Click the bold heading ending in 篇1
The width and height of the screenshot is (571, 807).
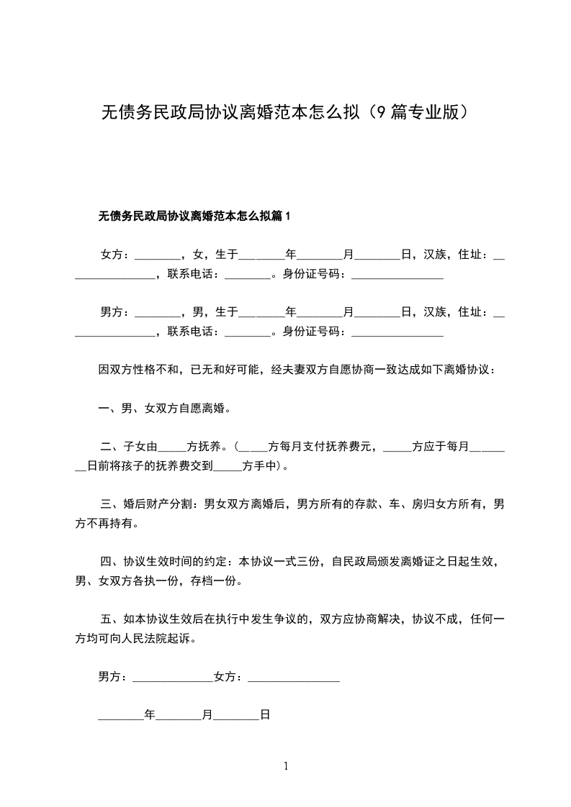click(x=194, y=216)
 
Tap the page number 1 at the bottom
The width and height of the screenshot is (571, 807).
click(x=286, y=766)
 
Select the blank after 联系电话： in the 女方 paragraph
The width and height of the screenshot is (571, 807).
click(x=247, y=275)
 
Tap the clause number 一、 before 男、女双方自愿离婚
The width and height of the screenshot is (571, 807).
click(x=108, y=409)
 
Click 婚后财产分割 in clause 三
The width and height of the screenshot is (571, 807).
click(x=156, y=505)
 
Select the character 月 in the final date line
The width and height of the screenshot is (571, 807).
click(x=207, y=716)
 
